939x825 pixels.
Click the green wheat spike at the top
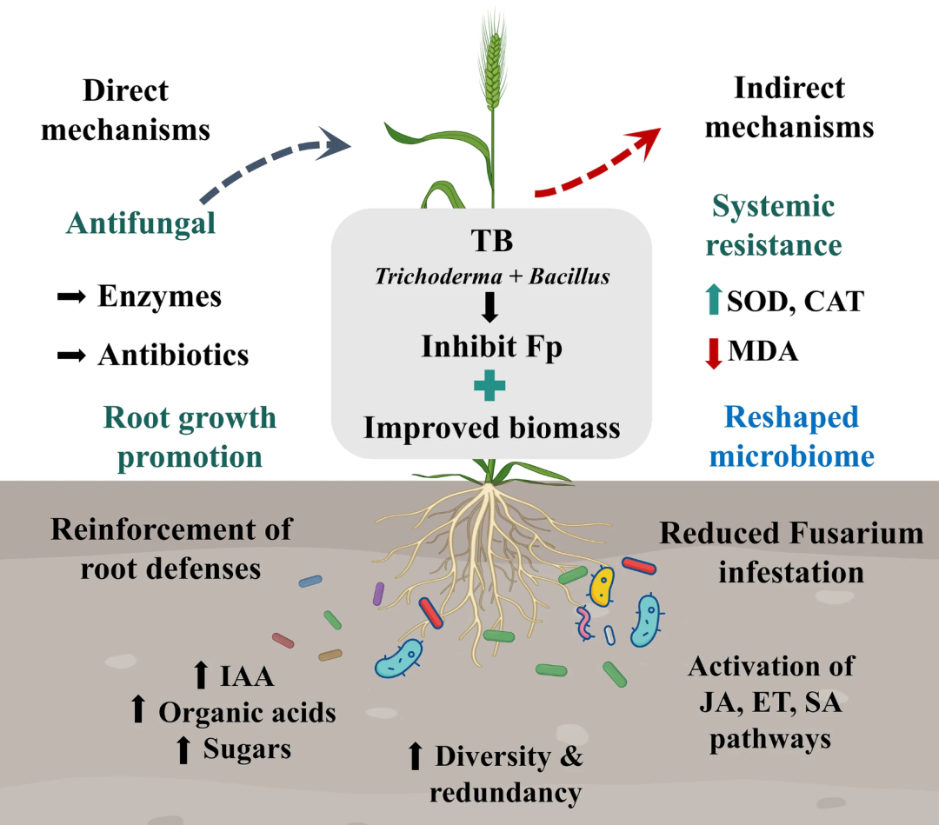coord(493,66)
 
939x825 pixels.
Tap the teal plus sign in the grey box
coord(489,385)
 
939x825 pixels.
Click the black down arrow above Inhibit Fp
coord(489,307)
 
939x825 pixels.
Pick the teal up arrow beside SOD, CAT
coord(713,299)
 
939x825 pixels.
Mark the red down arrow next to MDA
coord(713,353)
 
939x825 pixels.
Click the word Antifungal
coord(141,224)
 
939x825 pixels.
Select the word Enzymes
coord(159,296)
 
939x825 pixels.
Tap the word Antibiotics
coord(173,355)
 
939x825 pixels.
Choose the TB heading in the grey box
coord(491,241)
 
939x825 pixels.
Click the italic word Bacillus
coord(569,276)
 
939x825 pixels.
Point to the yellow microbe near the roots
coord(602,588)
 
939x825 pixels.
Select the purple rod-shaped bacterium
coord(378,593)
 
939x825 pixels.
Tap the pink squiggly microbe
coord(584,622)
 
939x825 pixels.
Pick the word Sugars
coord(247,749)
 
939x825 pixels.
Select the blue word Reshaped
coord(791,418)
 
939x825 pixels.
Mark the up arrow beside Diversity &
coord(415,755)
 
